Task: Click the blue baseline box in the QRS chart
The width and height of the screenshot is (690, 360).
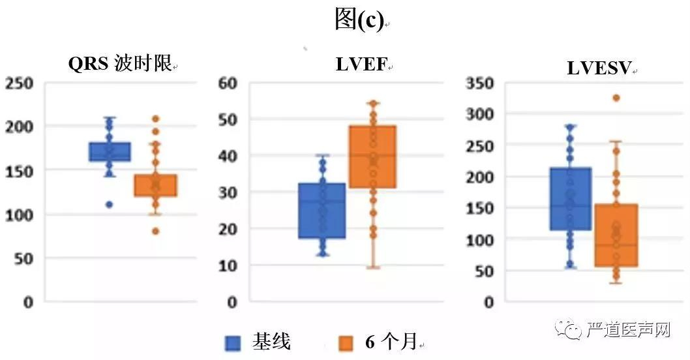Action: click(x=110, y=151)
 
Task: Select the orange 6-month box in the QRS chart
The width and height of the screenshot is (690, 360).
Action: click(x=156, y=185)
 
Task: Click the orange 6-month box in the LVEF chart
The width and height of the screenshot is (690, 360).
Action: click(x=372, y=157)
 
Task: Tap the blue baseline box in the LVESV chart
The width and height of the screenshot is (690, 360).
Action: click(x=570, y=199)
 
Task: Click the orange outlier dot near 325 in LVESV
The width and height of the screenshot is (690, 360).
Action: click(x=616, y=98)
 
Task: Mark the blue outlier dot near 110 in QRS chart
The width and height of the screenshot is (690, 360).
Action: click(x=110, y=204)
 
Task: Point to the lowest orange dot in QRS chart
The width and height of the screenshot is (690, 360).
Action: click(x=156, y=231)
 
